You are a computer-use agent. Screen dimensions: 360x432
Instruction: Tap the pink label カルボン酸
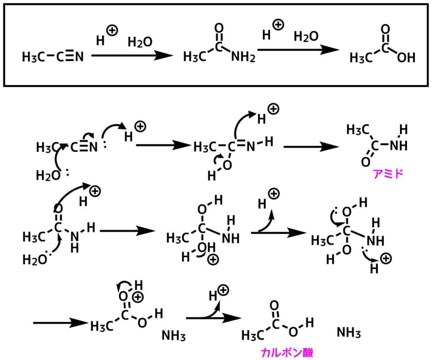287,352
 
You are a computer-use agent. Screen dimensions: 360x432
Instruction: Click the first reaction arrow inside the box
132,55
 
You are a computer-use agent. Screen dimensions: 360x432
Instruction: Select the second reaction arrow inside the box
298,50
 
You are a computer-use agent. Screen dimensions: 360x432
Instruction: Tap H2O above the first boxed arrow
140,42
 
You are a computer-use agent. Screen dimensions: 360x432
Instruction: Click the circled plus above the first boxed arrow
112,30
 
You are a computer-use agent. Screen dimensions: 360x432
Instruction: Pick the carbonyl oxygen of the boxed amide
219,29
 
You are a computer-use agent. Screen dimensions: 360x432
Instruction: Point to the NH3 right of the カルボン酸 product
349,333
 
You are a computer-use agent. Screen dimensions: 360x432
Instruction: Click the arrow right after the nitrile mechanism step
162,145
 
